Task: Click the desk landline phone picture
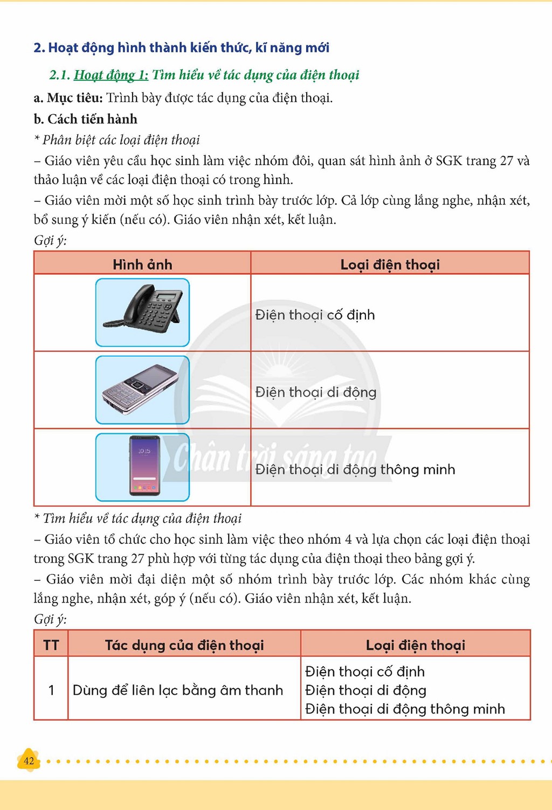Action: tap(142, 308)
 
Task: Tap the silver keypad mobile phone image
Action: tap(141, 389)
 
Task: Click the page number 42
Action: tap(29, 761)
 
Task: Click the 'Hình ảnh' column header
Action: tap(142, 264)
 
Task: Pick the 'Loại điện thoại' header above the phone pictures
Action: tap(390, 264)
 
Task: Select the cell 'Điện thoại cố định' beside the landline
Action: tap(315, 315)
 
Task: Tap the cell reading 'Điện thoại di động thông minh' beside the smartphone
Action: tap(355, 469)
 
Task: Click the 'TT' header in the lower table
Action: tap(51, 645)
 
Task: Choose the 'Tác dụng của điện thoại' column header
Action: tap(184, 645)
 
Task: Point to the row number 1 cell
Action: tap(51, 690)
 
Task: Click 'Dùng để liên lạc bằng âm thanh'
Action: tap(177, 690)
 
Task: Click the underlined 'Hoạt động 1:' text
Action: tap(111, 75)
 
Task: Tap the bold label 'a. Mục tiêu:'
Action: tap(68, 98)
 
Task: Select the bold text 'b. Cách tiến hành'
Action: tap(85, 119)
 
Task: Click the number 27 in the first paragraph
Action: tap(506, 161)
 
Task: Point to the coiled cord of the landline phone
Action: tap(115, 323)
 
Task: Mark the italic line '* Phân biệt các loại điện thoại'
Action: tap(116, 140)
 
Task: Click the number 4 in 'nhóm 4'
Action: tap(348, 539)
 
